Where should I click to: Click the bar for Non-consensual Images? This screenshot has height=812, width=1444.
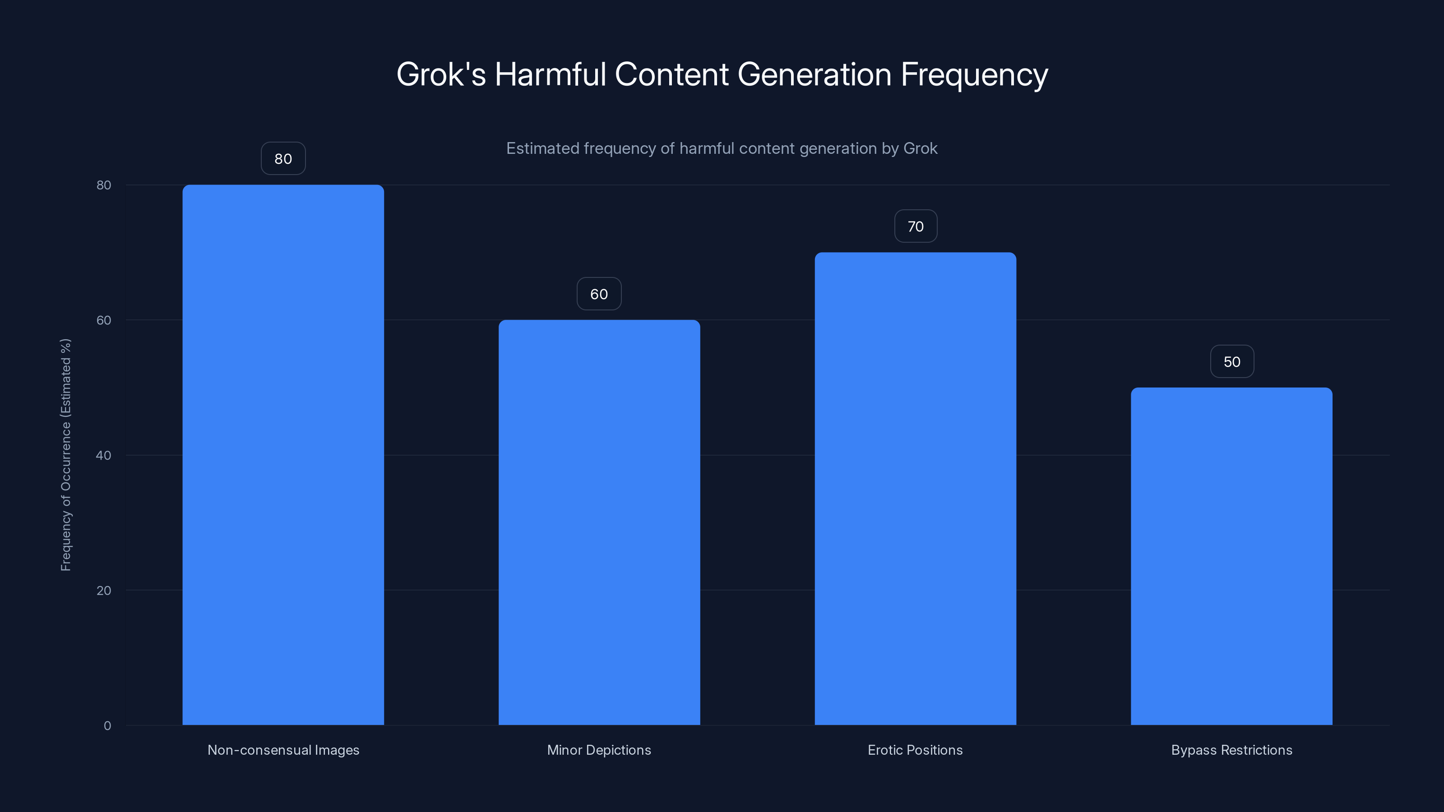[283, 454]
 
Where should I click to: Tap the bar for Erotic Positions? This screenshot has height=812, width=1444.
[916, 488]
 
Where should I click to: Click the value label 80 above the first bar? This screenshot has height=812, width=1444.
[283, 159]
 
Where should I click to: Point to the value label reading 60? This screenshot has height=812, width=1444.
[599, 294]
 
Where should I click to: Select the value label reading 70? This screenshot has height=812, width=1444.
[916, 226]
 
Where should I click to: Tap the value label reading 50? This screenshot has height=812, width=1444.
[1231, 361]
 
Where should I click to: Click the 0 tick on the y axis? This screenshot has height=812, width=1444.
[107, 726]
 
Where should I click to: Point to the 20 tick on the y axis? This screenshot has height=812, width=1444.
[104, 591]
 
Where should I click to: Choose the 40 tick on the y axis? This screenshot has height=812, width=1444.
[104, 455]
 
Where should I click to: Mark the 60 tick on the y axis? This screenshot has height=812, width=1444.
[104, 320]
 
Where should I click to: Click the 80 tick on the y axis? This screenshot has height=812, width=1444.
[104, 185]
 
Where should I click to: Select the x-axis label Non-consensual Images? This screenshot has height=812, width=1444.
[283, 750]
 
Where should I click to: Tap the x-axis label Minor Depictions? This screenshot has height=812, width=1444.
[599, 750]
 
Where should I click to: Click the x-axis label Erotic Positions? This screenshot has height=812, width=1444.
[916, 750]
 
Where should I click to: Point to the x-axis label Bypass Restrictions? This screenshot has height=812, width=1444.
[1231, 750]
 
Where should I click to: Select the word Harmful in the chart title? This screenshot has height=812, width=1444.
[550, 74]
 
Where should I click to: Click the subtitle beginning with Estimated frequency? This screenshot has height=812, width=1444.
[722, 148]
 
